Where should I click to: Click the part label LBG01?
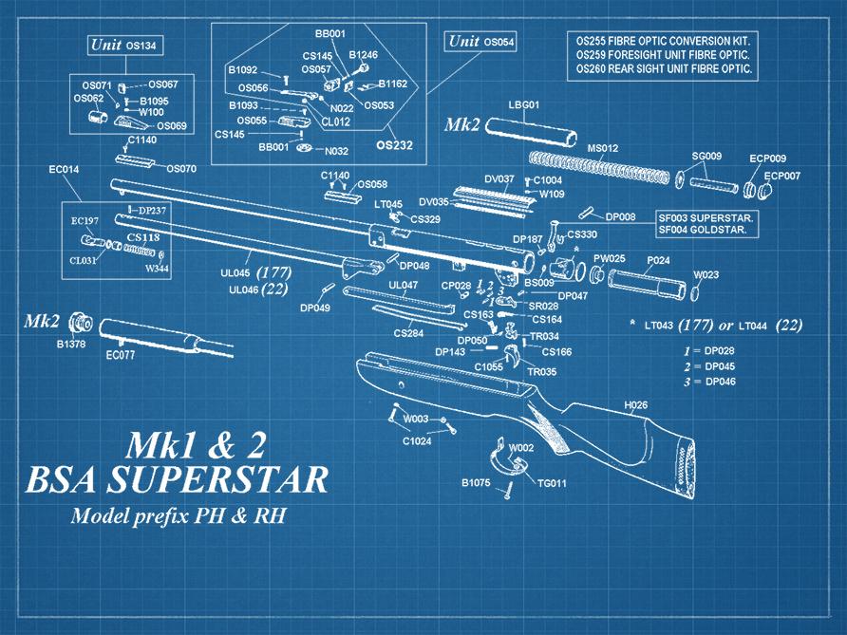pyautogui.click(x=524, y=104)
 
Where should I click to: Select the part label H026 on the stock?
pyautogui.click(x=635, y=405)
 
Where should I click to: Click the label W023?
pyautogui.click(x=706, y=275)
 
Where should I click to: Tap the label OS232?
pyautogui.click(x=394, y=146)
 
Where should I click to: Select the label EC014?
pyautogui.click(x=65, y=170)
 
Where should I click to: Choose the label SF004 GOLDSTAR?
pyautogui.click(x=706, y=231)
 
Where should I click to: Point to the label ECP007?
pyautogui.click(x=782, y=176)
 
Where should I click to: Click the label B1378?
pyautogui.click(x=71, y=344)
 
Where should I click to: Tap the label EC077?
pyautogui.click(x=122, y=357)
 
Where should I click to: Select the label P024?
pyautogui.click(x=659, y=259)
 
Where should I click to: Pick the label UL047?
pyautogui.click(x=404, y=285)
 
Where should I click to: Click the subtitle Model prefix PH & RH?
pyautogui.click(x=178, y=517)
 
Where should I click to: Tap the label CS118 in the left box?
pyautogui.click(x=142, y=237)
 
